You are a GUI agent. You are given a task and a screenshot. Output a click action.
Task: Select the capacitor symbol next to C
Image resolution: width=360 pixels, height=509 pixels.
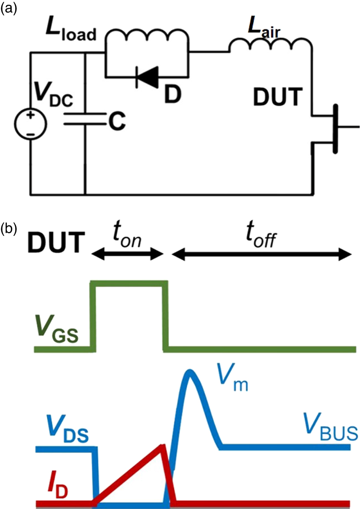click(85, 118)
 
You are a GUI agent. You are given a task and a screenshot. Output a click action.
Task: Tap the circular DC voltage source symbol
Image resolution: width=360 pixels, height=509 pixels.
click(30, 124)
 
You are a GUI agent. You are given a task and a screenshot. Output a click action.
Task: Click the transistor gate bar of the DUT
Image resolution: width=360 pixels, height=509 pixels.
click(334, 127)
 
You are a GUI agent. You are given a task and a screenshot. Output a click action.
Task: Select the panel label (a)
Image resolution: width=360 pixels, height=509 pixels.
click(9, 9)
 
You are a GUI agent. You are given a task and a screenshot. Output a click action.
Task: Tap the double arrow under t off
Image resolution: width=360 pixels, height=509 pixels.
click(262, 255)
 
